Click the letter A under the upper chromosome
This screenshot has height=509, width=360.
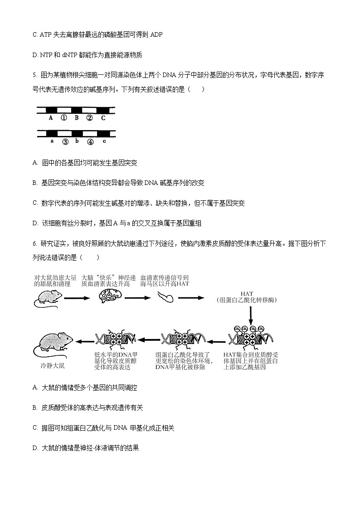50,118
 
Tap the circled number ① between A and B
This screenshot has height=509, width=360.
64,118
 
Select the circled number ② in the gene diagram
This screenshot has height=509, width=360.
89,118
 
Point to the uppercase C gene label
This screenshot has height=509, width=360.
103,118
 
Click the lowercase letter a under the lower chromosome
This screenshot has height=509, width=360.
52,141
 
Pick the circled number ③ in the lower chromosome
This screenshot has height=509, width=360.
65,142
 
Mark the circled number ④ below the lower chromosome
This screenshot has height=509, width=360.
90,142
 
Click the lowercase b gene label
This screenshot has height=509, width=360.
78,141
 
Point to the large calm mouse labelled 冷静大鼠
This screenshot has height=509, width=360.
51,344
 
